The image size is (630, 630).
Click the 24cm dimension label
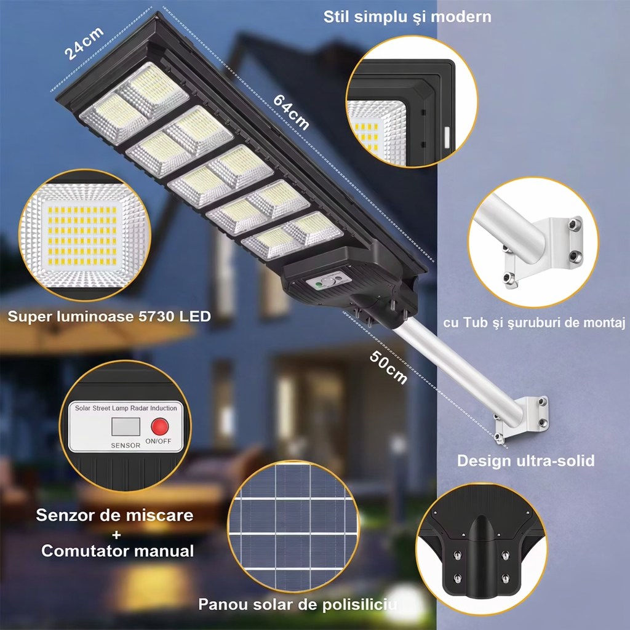tap(84, 43)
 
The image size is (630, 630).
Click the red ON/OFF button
tap(160, 427)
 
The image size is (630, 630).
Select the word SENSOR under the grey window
tap(125, 445)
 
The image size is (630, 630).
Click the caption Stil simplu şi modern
tap(407, 17)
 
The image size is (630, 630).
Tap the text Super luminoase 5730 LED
tap(110, 317)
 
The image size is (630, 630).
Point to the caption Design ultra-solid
tap(525, 460)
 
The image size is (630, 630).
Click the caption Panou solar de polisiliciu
tap(297, 605)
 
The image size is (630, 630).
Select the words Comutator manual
tap(118, 550)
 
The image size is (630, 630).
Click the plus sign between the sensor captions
tap(116, 533)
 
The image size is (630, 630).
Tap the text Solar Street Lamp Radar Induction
tap(126, 408)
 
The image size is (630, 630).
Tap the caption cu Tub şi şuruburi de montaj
tap(534, 322)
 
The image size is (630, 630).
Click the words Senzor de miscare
tap(114, 515)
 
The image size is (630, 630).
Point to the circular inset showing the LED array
tap(78, 235)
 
